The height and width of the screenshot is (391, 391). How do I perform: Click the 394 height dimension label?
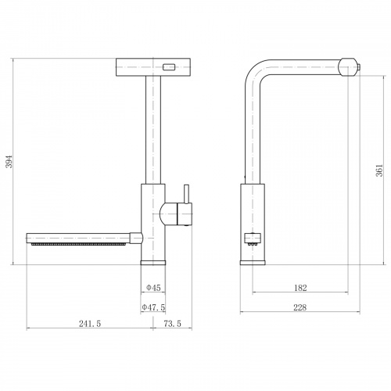pyautogui.click(x=9, y=162)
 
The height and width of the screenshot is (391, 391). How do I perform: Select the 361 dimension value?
pyautogui.click(x=379, y=170)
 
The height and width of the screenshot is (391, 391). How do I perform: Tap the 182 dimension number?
pyautogui.click(x=300, y=288)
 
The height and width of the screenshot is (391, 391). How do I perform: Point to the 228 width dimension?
pyautogui.click(x=300, y=307)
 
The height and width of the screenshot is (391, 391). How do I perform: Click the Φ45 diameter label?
pyautogui.click(x=153, y=288)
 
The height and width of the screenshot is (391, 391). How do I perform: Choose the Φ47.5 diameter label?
pyautogui.click(x=153, y=307)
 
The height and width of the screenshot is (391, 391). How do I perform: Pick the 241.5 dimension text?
pyautogui.click(x=90, y=324)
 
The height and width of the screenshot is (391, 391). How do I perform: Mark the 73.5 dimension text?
pyautogui.click(x=173, y=324)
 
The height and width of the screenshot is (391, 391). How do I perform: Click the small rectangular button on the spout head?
pyautogui.click(x=169, y=67)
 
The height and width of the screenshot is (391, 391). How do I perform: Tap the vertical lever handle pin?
pyautogui.click(x=186, y=194)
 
